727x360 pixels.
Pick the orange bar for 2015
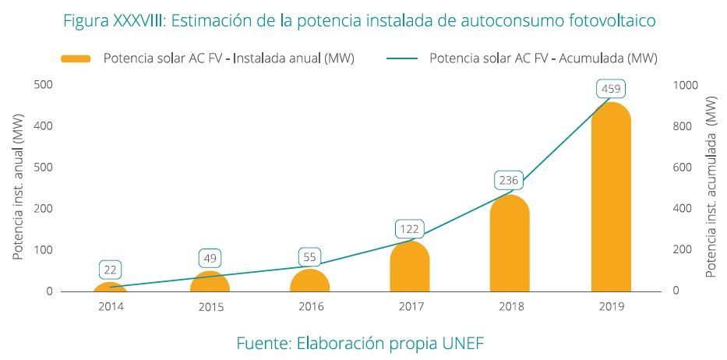210,282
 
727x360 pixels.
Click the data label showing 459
610,88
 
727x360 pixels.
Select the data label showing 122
410,229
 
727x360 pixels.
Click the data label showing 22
111,270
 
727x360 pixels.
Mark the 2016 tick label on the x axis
310,306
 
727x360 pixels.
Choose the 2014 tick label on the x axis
111,306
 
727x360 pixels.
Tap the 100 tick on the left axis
44,250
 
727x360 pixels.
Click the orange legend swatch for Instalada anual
76,58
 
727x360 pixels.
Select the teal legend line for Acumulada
401,58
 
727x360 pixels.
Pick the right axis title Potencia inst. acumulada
710,186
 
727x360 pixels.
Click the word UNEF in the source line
464,343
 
